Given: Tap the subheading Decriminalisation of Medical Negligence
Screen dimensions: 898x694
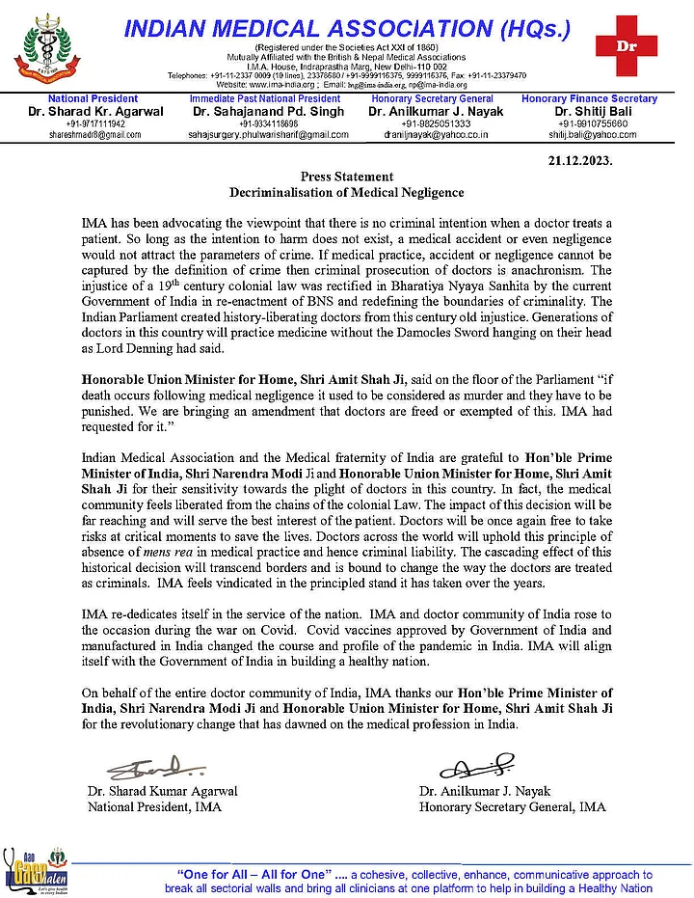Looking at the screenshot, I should (347, 193).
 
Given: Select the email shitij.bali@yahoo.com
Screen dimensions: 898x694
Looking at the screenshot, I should (589, 135).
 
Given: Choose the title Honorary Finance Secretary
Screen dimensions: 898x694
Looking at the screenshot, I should (589, 98).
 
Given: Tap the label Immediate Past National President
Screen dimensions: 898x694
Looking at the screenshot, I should (265, 98).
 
